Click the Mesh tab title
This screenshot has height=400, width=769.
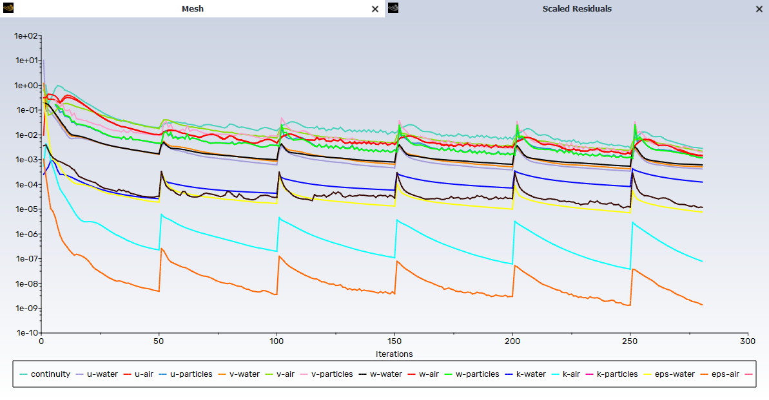(x=191, y=9)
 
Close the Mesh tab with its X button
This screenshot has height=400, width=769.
(x=375, y=9)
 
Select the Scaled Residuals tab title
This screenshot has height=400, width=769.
(x=577, y=9)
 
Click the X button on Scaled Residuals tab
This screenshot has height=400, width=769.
(x=759, y=9)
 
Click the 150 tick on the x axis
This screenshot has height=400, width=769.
(x=394, y=342)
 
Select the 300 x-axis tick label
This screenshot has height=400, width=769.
(x=748, y=342)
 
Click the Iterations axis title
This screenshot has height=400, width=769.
(x=394, y=354)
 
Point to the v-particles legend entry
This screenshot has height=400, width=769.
(x=331, y=374)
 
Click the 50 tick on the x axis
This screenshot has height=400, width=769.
(x=159, y=342)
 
